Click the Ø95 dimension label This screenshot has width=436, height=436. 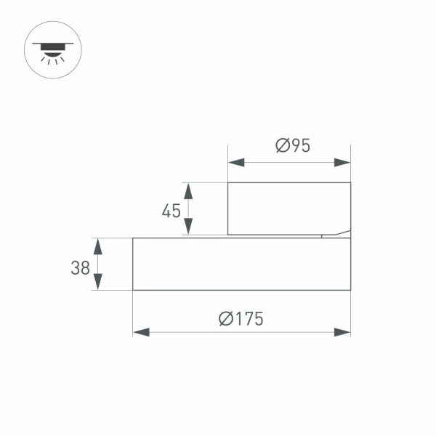pos(293,145)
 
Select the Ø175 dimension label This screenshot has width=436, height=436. pos(241,318)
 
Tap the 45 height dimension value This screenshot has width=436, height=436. pos(171,211)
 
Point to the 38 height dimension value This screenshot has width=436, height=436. pos(80,267)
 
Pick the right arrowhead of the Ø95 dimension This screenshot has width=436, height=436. pos(342,162)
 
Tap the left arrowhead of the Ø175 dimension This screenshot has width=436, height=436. pos(141,332)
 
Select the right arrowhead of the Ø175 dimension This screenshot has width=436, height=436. pos(342,332)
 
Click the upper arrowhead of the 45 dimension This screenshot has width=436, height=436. pos(188,191)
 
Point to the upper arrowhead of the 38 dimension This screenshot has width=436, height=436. pos(98,246)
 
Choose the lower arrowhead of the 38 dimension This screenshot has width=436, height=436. pos(98,282)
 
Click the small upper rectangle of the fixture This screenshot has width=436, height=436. pos(288,209)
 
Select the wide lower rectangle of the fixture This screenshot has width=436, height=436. pos(241,264)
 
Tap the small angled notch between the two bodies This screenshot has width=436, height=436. pos(336,234)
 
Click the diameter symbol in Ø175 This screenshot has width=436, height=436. pos(225,318)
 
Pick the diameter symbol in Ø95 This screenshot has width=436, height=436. pos(283,145)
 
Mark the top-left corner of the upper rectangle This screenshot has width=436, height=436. pos(228,182)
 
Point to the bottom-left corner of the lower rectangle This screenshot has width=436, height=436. pos(133,290)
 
